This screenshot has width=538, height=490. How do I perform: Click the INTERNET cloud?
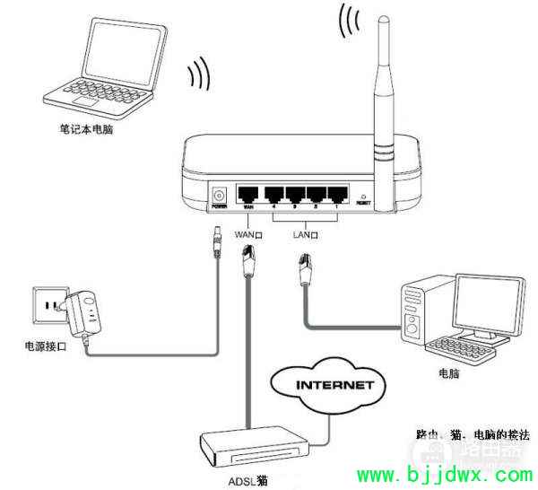point(322,387)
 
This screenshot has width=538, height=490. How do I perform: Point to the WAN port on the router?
point(248,194)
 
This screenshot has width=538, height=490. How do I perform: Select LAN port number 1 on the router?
point(337,194)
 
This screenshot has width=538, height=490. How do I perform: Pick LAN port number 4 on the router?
point(271,194)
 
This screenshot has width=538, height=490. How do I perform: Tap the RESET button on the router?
point(363,196)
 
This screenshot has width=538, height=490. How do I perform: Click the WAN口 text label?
point(248,235)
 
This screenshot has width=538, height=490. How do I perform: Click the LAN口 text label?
point(307,235)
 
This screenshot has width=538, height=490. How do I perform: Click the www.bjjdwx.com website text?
point(445,474)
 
